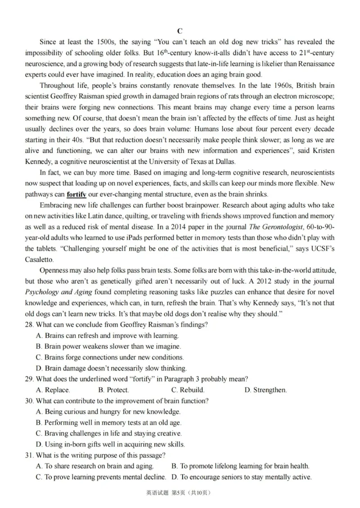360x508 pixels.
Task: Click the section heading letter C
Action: coord(180,31)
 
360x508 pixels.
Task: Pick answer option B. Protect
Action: coord(113,390)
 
